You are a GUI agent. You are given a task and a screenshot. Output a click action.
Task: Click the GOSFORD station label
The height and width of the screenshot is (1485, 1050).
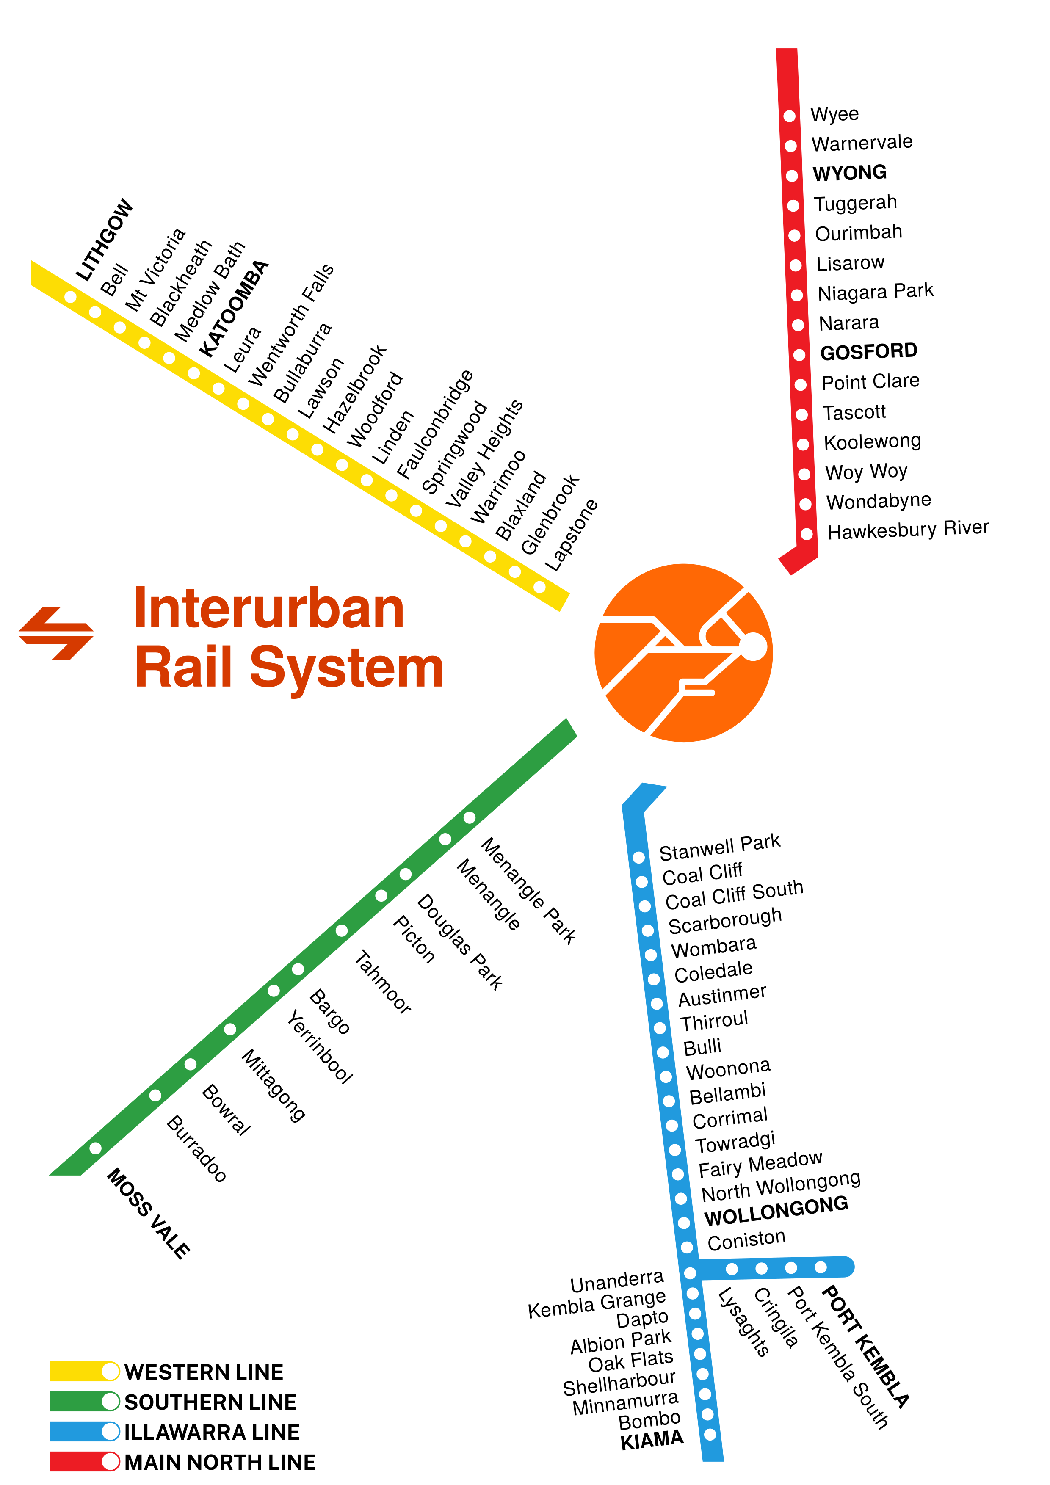click(x=868, y=351)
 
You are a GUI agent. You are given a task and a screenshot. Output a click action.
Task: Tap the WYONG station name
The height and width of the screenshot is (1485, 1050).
click(x=849, y=173)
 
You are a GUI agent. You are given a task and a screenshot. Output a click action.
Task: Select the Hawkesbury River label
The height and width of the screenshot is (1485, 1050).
click(x=908, y=530)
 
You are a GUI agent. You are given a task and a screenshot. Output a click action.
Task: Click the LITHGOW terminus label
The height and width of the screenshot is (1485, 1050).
click(x=104, y=240)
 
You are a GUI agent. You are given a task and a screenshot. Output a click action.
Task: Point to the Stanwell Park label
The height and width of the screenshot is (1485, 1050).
click(x=719, y=847)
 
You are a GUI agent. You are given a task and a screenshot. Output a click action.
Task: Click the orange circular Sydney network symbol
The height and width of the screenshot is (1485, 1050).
click(x=683, y=653)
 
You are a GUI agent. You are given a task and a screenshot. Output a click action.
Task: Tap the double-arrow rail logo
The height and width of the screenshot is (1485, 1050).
click(x=56, y=633)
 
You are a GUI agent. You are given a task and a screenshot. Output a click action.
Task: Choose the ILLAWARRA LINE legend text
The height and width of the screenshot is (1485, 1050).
click(x=212, y=1432)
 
